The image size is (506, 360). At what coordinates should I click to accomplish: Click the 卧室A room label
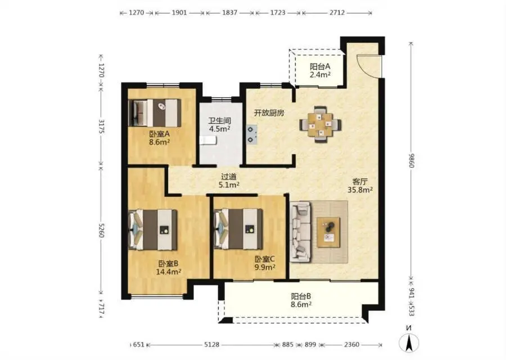(160, 134)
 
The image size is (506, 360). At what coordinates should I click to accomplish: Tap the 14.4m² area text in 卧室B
(169, 272)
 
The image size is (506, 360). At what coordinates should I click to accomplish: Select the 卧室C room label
(265, 259)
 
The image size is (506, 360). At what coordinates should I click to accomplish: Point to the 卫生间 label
(219, 121)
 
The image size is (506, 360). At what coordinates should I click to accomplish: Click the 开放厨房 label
(269, 113)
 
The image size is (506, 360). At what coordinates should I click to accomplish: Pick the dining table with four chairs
(320, 124)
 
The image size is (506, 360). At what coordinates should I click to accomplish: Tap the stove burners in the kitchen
(252, 134)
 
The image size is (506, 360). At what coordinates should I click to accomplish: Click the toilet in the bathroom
(208, 141)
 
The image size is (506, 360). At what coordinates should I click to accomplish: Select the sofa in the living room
(301, 232)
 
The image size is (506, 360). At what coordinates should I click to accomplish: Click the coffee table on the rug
(328, 232)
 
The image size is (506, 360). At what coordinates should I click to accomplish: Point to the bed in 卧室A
(155, 112)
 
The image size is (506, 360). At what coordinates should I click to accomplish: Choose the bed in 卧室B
(153, 229)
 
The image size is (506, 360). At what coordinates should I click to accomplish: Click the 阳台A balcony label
(320, 66)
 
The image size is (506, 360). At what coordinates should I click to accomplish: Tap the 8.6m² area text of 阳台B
(301, 304)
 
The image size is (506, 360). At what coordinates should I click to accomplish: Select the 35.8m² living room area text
(360, 190)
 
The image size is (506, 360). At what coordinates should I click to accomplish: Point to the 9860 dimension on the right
(412, 160)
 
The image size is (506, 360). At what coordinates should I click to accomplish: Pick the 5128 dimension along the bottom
(212, 344)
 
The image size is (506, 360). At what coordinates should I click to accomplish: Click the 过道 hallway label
(229, 177)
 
